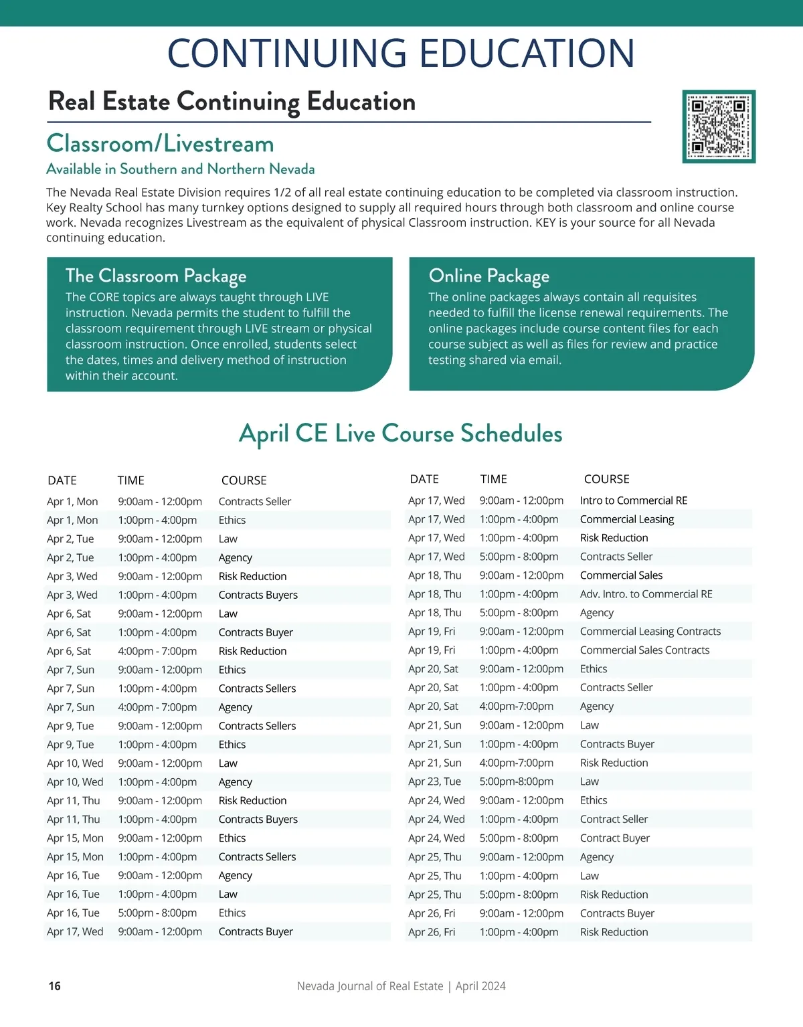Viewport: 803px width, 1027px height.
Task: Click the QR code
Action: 719,126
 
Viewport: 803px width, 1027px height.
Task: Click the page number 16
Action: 55,986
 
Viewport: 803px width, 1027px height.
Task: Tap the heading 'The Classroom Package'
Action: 156,276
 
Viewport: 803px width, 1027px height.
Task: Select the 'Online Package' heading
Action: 489,276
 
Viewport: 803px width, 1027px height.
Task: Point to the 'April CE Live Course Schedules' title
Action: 401,434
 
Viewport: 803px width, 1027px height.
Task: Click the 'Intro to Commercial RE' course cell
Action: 634,500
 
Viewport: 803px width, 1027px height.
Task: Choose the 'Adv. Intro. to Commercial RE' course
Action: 646,594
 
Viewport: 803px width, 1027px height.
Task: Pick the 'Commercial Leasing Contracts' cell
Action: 650,632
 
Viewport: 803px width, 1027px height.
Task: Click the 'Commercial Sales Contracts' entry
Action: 644,650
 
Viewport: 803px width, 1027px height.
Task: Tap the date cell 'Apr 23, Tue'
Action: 434,781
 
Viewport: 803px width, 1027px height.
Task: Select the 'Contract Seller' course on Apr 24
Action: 614,819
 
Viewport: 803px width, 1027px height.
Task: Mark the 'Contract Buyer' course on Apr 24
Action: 614,838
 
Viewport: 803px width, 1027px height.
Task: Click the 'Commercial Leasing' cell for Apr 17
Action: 627,519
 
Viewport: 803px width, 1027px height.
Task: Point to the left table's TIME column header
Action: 131,480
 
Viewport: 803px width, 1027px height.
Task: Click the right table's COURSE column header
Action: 606,479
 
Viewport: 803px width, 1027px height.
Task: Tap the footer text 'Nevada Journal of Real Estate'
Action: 370,986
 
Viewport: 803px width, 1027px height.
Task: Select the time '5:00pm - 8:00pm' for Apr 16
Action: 157,913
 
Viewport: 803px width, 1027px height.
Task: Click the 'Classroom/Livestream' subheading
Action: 160,144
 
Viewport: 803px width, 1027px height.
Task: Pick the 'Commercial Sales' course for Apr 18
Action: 621,575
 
